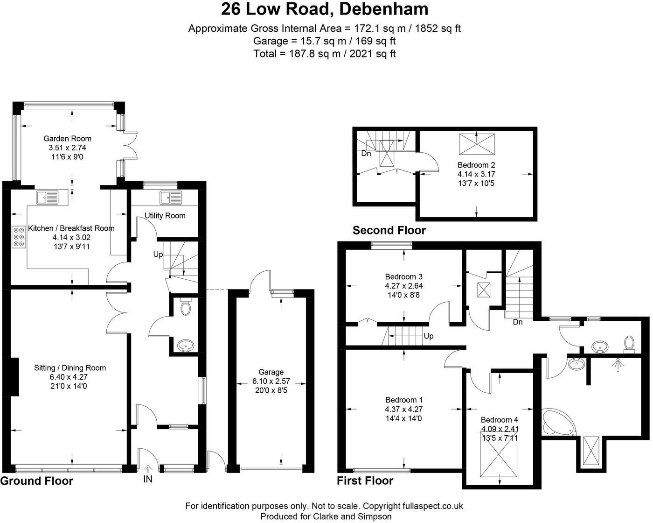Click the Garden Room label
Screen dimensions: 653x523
[67, 139]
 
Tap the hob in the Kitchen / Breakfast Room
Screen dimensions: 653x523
[19, 237]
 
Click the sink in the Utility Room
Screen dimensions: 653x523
[171, 198]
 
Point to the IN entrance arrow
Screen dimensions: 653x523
[148, 469]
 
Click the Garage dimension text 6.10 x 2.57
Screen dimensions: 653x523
[271, 381]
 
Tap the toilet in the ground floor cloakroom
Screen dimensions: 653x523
[185, 306]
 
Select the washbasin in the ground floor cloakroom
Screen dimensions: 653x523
[186, 346]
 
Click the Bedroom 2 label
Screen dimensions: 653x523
[476, 165]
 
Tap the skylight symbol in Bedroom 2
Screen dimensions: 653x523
[477, 144]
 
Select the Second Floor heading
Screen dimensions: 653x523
[389, 230]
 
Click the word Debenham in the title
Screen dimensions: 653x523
[383, 9]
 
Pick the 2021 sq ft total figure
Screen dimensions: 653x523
[372, 54]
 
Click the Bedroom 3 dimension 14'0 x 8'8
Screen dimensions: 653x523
[403, 295]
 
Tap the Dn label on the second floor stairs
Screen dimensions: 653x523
[366, 154]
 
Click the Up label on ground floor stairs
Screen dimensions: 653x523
[158, 254]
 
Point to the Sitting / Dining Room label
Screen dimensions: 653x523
[70, 368]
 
